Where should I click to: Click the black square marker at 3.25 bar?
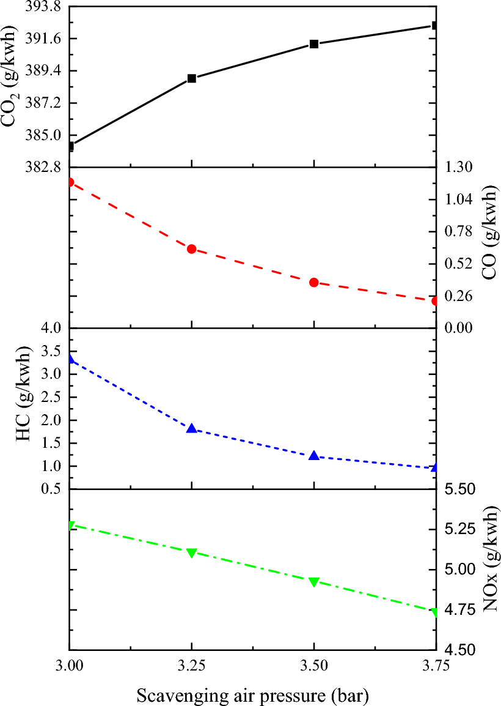192,78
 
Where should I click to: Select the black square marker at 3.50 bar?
314,44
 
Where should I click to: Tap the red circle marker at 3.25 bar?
192,249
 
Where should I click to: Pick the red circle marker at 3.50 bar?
314,283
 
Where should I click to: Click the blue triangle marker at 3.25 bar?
192,429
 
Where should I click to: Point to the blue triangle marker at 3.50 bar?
314,456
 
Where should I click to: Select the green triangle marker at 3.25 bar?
192,553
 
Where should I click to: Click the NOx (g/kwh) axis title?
489,570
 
